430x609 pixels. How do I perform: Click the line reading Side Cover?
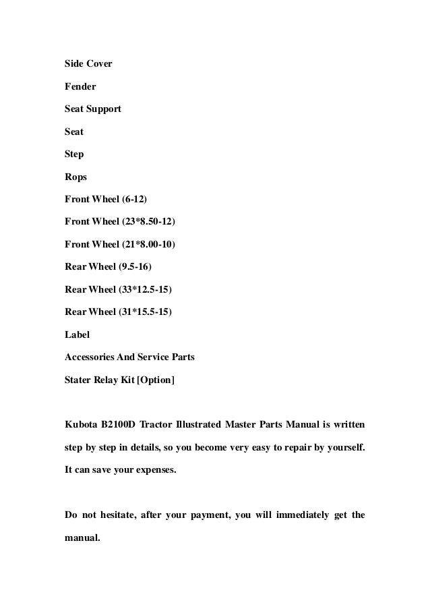(x=88, y=64)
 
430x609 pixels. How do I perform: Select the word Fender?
(x=80, y=86)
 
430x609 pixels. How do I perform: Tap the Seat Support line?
(x=93, y=109)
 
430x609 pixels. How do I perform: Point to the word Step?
(x=74, y=154)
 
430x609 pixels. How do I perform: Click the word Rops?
(x=75, y=177)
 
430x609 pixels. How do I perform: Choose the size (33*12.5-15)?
(x=144, y=290)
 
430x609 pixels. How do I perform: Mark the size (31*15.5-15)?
(x=144, y=313)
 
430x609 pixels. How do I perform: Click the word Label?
(x=77, y=335)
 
